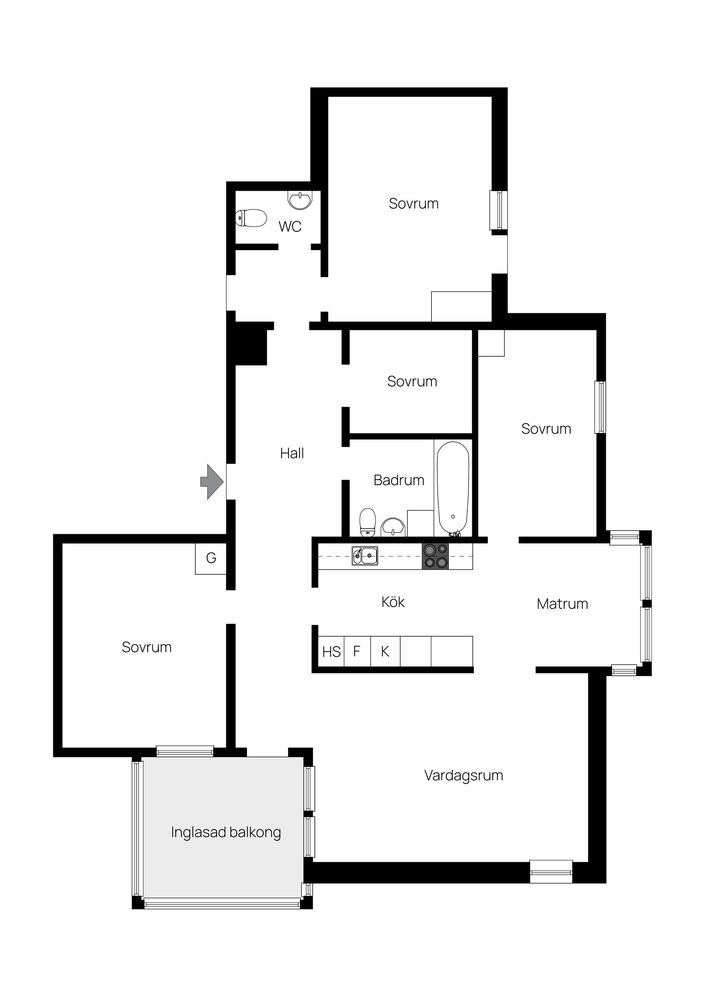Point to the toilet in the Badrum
[x=367, y=522]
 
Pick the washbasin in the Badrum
[x=393, y=527]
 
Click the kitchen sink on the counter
[x=364, y=556]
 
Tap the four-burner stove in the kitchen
[x=436, y=556]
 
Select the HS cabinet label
[x=332, y=652]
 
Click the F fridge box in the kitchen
[x=357, y=651]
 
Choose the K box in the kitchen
[x=385, y=651]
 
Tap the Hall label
[x=292, y=453]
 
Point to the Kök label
[x=393, y=602]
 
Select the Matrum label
[x=562, y=604]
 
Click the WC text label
[x=290, y=227]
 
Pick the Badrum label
[x=399, y=480]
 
